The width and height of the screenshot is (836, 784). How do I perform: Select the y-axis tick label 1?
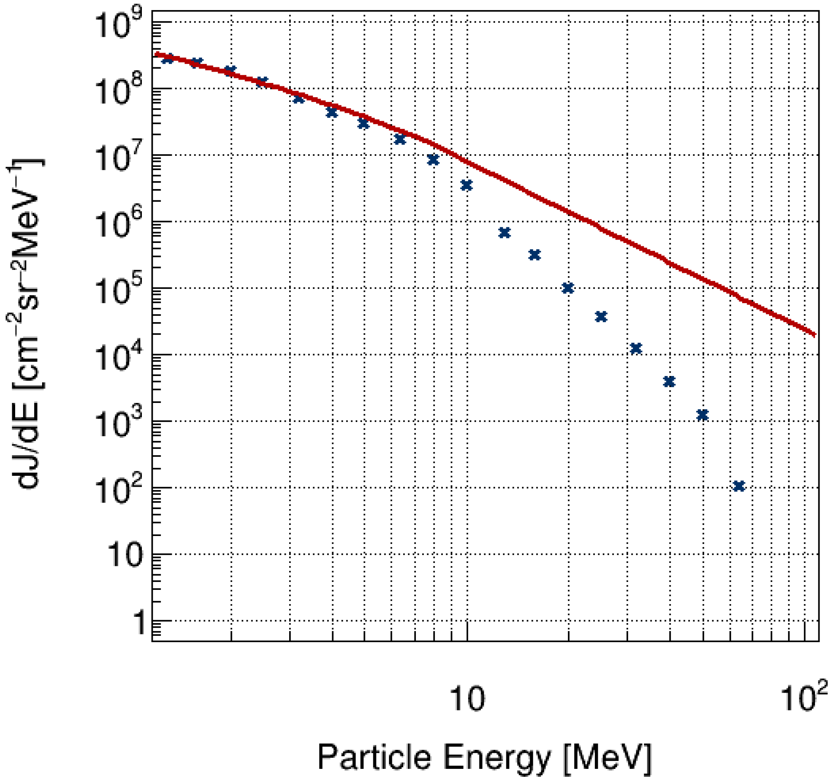pyautogui.click(x=138, y=623)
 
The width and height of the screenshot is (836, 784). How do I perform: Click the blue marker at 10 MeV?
pyautogui.click(x=466, y=185)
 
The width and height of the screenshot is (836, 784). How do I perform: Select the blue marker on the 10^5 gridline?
pyautogui.click(x=568, y=288)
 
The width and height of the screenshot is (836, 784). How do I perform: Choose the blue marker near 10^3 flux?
pyautogui.click(x=702, y=415)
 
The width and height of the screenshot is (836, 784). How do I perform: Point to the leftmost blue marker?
pyautogui.click(x=168, y=59)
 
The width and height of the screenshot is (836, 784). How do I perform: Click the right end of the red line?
pyautogui.click(x=815, y=334)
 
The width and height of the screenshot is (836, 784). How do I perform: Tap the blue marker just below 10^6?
pyautogui.click(x=504, y=233)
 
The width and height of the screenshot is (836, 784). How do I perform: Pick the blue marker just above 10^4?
pyautogui.click(x=636, y=348)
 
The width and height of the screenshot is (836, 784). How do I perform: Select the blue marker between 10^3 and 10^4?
pyautogui.click(x=669, y=382)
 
